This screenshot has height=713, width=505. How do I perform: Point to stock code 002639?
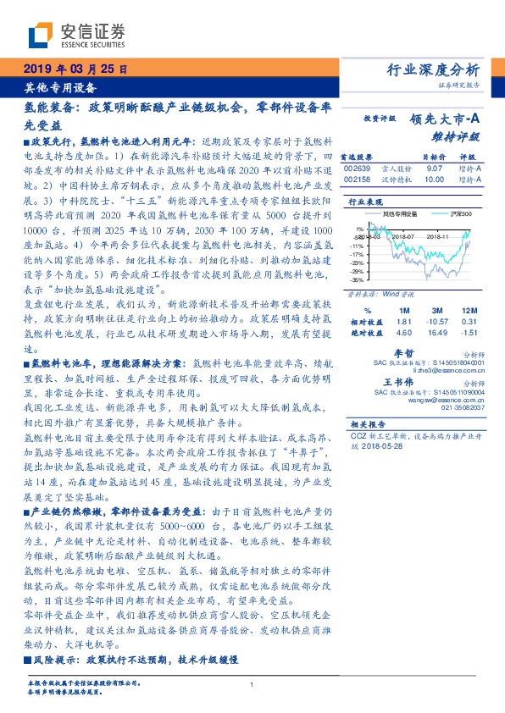357,169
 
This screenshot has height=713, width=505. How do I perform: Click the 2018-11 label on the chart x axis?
436,238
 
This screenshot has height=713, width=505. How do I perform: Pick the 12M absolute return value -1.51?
470,333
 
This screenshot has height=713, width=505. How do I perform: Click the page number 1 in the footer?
252,685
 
